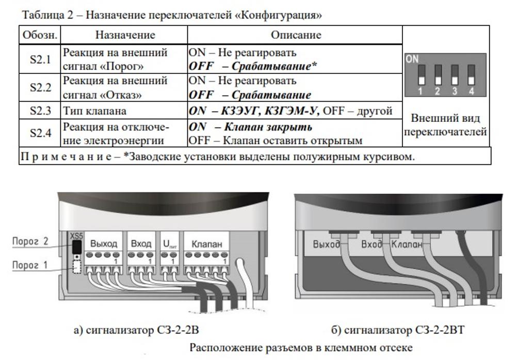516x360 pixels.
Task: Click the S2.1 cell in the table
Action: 40,59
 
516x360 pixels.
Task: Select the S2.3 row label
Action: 40,111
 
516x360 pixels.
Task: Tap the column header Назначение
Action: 125,35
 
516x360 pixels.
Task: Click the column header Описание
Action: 296,35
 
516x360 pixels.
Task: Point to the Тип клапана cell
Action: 94,111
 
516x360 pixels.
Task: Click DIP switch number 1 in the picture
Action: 421,75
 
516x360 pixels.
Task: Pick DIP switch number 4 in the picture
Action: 471,75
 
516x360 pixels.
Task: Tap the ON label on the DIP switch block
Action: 412,59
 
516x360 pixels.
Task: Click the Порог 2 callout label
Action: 30,241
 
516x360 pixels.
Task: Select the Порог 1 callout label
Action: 30,265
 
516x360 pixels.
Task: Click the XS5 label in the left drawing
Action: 76,236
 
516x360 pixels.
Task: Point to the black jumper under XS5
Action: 77,247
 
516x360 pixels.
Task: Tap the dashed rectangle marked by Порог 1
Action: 77,267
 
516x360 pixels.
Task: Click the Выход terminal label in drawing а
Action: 104,244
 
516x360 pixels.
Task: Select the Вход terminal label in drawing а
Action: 141,244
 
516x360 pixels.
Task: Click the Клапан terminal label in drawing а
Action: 207,244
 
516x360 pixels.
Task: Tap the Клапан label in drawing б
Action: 407,244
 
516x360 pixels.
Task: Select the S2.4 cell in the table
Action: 40,133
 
